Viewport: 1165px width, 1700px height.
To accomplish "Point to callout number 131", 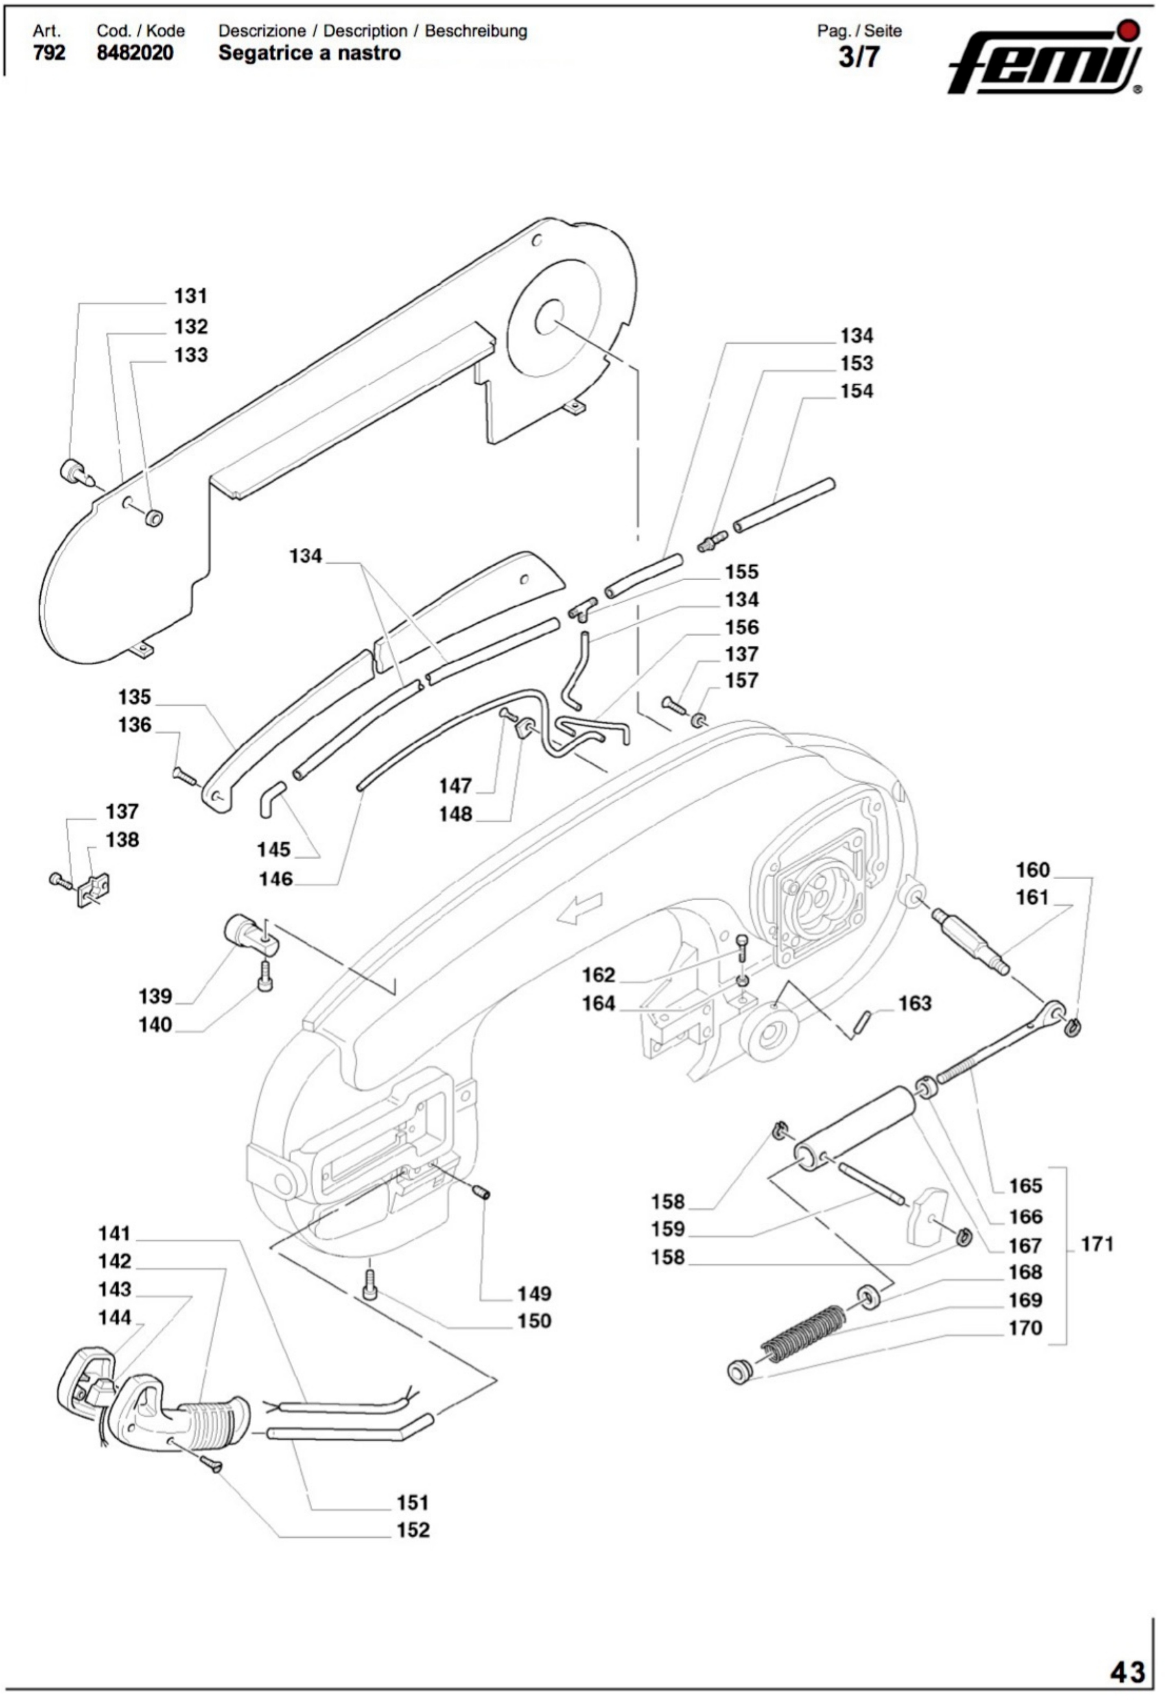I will coord(190,296).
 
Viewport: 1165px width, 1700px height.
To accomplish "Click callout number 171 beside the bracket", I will coord(1097,1244).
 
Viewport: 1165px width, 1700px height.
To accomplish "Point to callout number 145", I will coord(274,850).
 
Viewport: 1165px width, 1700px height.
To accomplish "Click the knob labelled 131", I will coord(72,469).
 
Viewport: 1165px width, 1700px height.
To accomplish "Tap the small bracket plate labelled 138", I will coord(94,889).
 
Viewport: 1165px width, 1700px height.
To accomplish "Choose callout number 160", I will coord(1032,870).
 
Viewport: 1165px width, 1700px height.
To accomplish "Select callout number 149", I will coord(533,1294).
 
